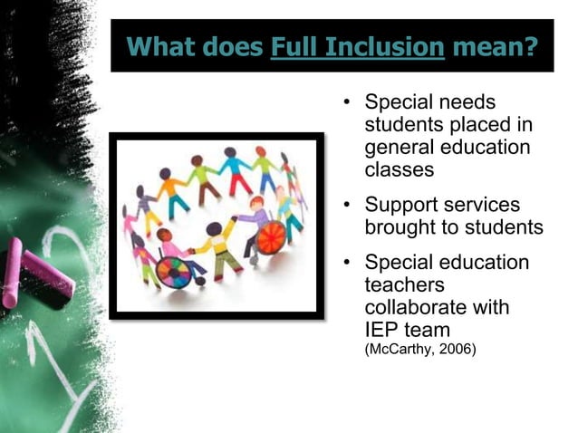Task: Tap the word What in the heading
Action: [161, 45]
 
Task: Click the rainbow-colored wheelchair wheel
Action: [172, 271]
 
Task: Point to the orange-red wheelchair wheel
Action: [271, 237]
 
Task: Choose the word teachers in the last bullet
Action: [401, 285]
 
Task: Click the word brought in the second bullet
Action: [401, 227]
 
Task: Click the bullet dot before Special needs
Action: [347, 102]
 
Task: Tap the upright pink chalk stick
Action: [13, 272]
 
